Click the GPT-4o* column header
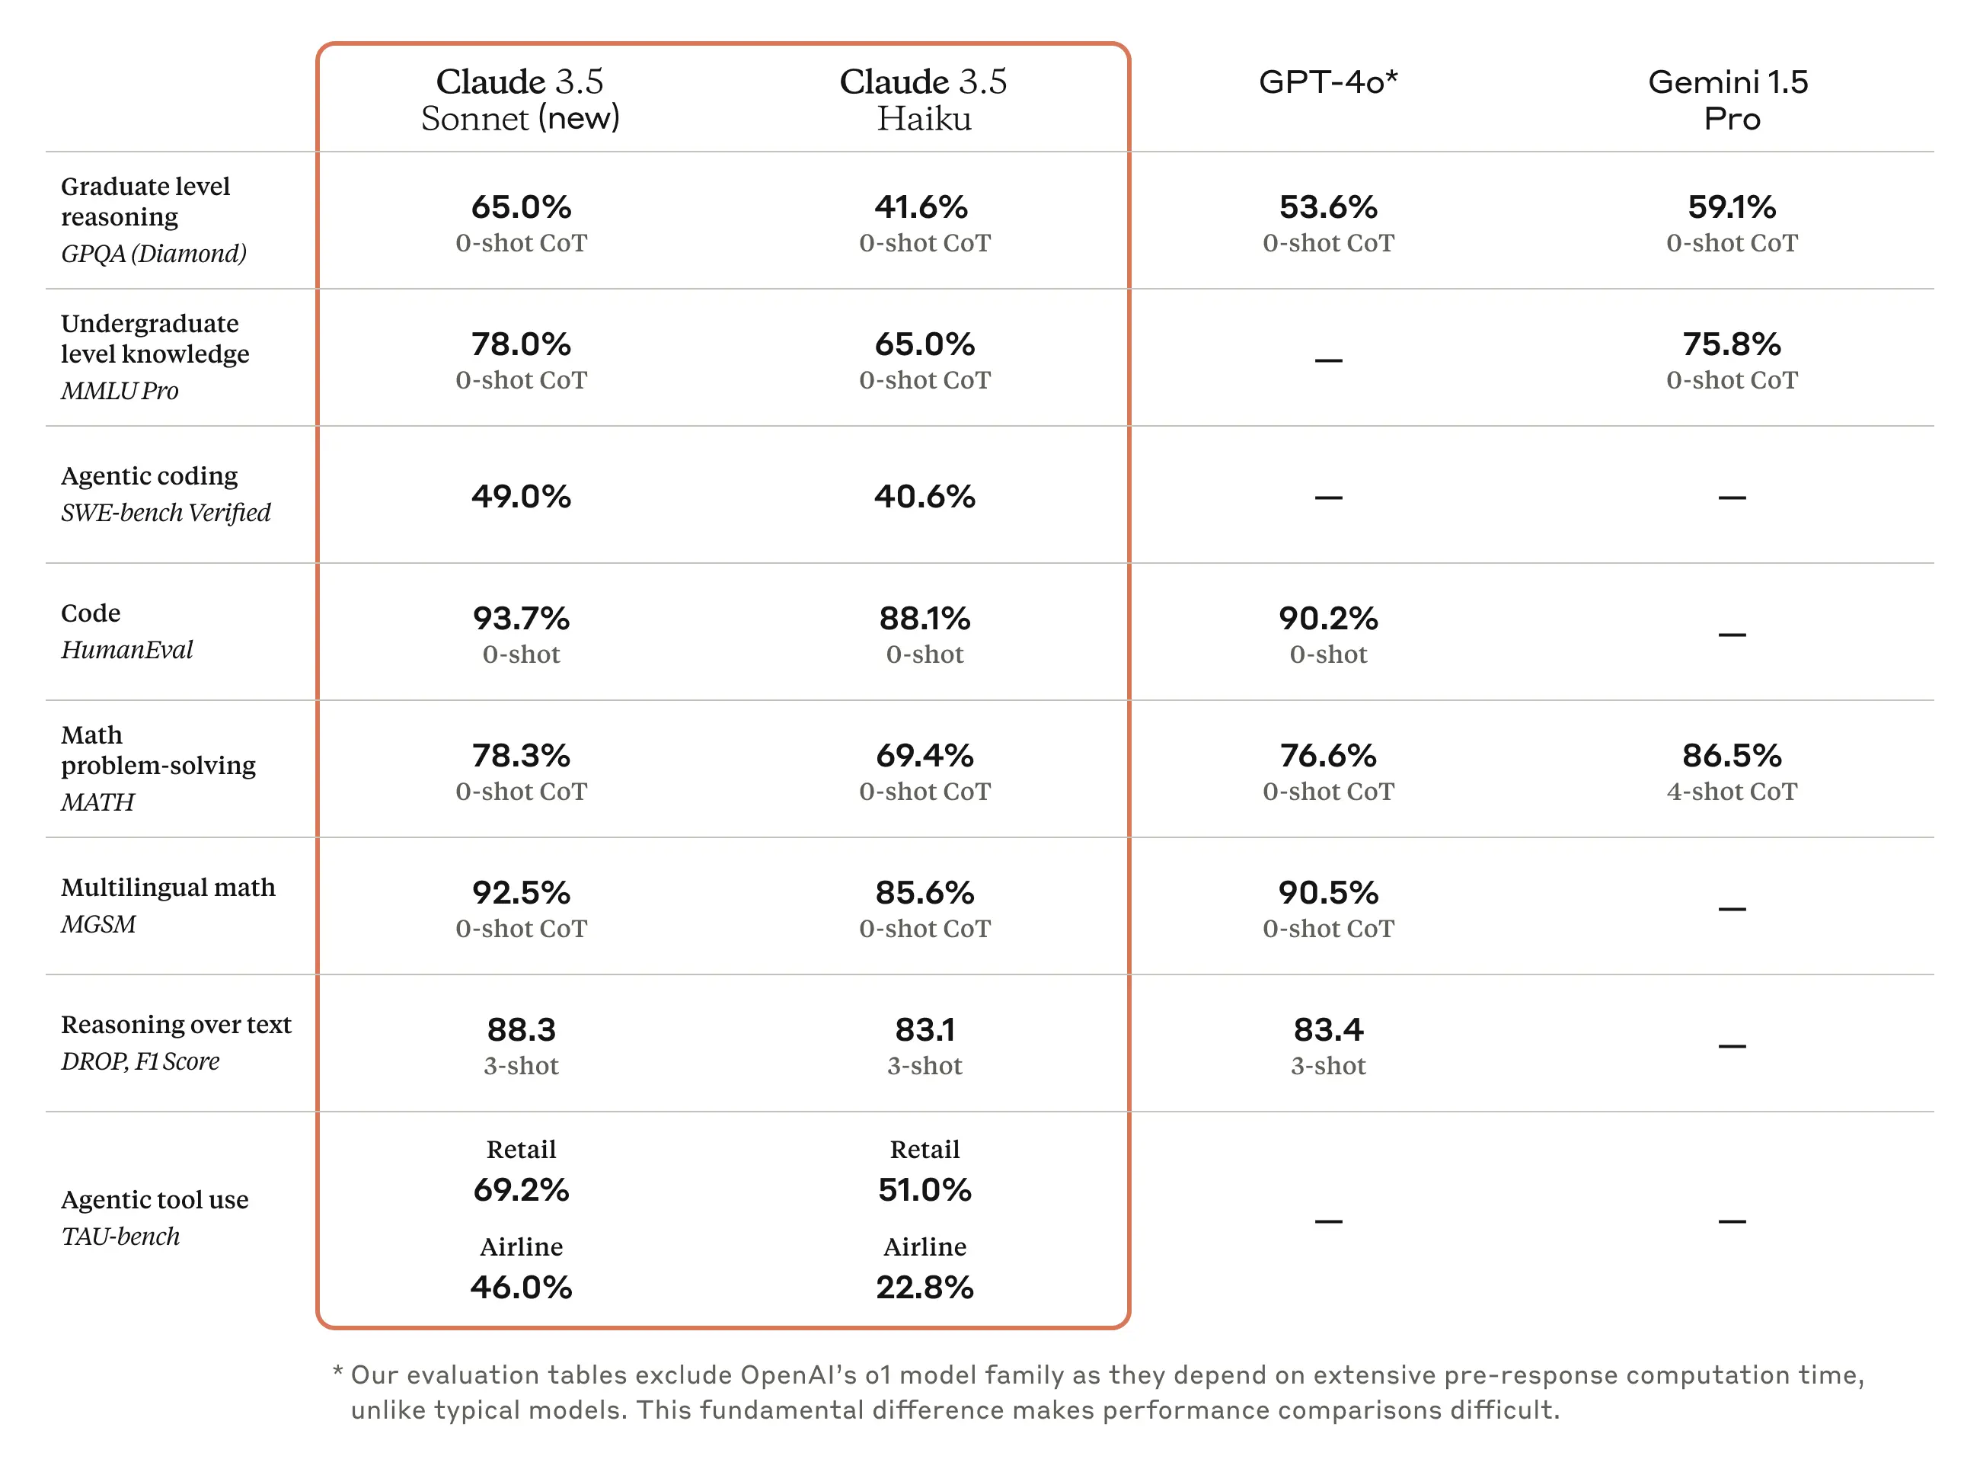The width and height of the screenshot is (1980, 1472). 1327,82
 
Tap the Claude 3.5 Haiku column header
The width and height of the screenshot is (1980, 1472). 924,100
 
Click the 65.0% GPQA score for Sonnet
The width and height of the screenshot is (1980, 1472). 521,206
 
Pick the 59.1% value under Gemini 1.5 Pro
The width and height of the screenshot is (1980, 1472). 1731,206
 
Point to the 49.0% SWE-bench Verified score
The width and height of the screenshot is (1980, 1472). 521,496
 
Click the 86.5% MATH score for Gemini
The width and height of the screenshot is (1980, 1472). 1731,755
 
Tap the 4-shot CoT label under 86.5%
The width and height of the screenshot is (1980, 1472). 1731,792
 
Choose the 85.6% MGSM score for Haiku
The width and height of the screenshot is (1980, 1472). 924,892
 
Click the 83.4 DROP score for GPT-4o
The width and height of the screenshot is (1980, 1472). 1327,1029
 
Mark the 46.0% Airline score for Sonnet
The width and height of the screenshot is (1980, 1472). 521,1287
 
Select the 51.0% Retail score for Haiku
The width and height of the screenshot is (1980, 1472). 924,1189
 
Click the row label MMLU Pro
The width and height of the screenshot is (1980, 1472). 120,390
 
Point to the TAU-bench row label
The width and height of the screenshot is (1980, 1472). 120,1236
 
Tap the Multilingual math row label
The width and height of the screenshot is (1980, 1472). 168,888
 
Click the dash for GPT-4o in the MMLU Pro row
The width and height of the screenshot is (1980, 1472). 1327,360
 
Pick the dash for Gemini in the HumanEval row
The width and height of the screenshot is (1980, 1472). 1731,635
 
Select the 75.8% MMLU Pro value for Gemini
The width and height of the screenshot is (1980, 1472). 1731,344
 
